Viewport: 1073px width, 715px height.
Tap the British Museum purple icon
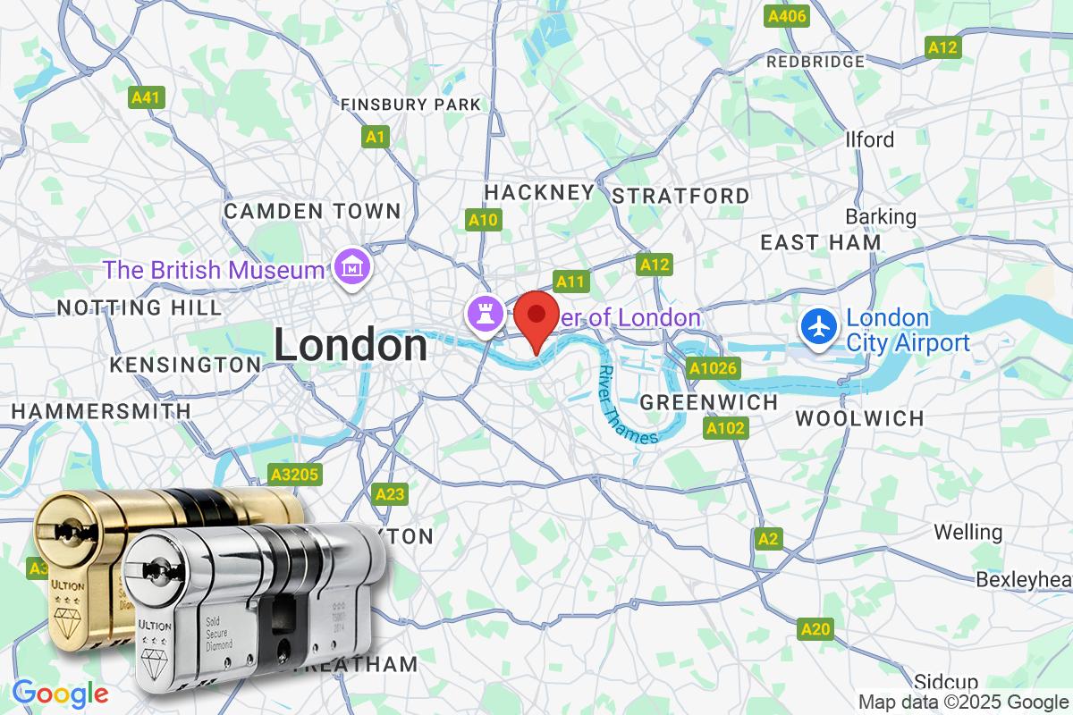point(348,265)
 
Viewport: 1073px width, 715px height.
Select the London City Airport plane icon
point(818,326)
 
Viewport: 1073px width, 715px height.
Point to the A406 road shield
point(788,16)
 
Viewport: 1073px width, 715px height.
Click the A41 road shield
point(145,97)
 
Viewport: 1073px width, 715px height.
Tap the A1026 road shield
point(712,367)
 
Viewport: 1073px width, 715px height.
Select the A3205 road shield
point(295,475)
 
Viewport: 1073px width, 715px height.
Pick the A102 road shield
point(724,430)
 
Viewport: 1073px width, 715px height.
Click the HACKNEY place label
point(539,192)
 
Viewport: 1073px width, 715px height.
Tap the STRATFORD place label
point(681,196)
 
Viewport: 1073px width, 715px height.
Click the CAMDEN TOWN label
point(312,212)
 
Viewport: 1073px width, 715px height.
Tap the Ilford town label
point(869,139)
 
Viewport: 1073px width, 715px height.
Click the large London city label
point(351,345)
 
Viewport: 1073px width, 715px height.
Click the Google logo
point(60,694)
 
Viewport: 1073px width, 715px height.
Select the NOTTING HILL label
point(139,307)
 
